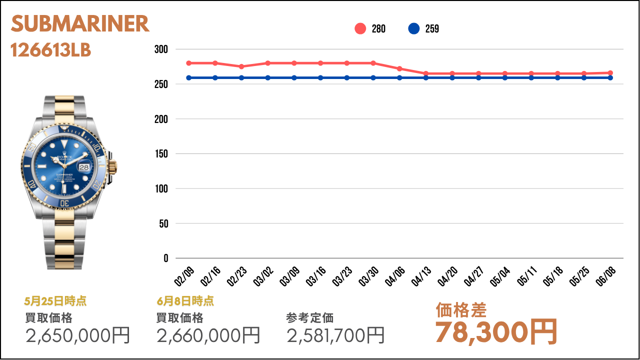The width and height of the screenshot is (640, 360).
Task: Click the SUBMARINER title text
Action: click(x=80, y=23)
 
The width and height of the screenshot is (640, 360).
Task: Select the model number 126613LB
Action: click(x=50, y=50)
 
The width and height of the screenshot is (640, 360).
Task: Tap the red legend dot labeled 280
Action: click(x=360, y=28)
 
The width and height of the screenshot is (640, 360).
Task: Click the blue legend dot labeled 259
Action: click(x=413, y=28)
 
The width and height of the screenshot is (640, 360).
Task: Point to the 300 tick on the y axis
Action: click(x=161, y=49)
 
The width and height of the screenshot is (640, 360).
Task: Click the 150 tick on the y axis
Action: click(x=161, y=153)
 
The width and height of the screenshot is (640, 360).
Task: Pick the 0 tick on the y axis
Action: click(x=165, y=258)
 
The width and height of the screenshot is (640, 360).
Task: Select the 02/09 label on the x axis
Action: click(x=184, y=276)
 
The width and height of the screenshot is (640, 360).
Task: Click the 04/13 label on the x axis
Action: click(x=421, y=276)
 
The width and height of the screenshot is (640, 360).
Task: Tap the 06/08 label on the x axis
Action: click(x=605, y=276)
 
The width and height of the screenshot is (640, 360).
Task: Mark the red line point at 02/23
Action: click(x=241, y=66)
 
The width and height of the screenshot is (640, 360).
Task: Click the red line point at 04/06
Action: click(x=399, y=68)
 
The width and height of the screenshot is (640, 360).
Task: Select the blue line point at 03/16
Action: click(x=320, y=77)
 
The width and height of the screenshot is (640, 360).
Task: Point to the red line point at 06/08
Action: click(x=610, y=73)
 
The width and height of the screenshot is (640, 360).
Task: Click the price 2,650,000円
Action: click(x=77, y=335)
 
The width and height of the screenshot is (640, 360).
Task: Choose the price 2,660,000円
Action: click(x=208, y=335)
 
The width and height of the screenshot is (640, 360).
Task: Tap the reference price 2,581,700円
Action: click(x=335, y=335)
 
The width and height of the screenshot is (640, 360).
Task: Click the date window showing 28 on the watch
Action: click(x=84, y=167)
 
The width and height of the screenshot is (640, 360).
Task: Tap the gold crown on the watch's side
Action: click(x=112, y=167)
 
